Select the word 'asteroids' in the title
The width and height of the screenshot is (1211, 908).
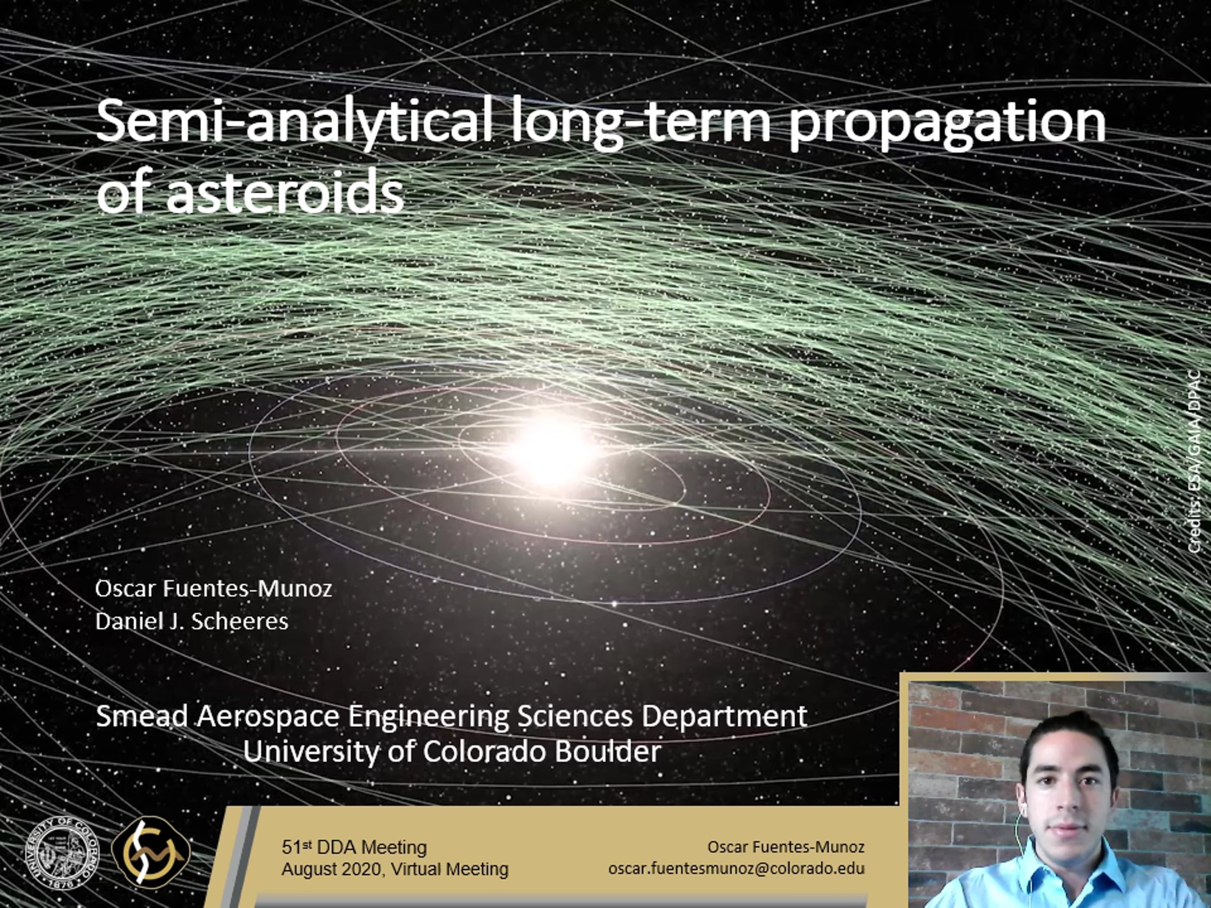tap(285, 191)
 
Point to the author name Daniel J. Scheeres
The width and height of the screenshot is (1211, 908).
tap(192, 621)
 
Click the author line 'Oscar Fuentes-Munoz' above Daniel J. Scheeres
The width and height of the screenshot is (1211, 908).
tap(213, 588)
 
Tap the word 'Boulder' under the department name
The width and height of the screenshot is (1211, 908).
tap(608, 752)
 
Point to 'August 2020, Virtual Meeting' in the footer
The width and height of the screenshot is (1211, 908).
tap(395, 869)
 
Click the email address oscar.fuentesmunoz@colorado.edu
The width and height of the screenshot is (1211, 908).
tap(736, 869)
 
